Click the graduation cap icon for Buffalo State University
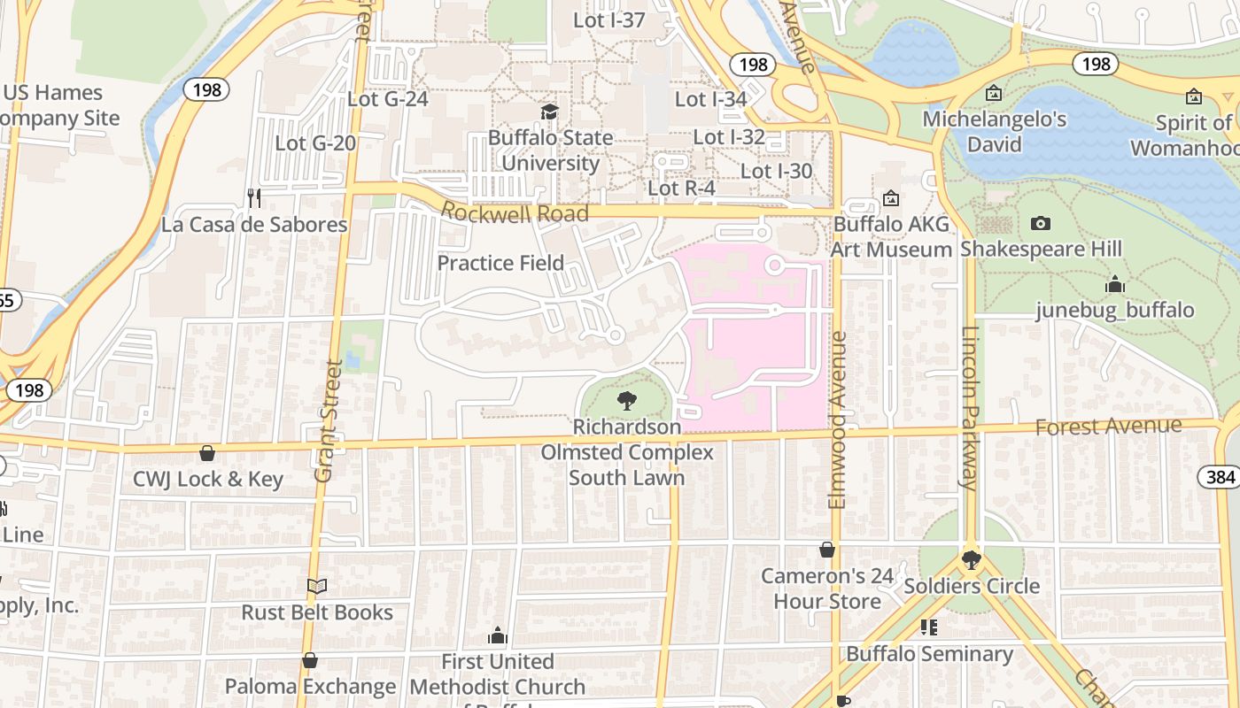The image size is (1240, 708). pos(550,112)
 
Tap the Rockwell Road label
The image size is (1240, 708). pos(515,213)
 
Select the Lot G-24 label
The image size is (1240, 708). pos(387,98)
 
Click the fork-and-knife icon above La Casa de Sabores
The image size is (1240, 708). pos(254,198)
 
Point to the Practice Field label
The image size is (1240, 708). pos(500,263)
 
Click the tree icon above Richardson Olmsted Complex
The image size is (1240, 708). pos(626,401)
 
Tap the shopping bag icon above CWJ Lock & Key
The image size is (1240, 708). pos(207,453)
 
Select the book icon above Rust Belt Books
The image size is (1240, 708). pos(317,586)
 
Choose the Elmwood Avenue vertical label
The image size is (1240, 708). pos(838,420)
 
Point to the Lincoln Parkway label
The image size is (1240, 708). pos(970,407)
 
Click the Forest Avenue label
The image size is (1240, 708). pos(1108,427)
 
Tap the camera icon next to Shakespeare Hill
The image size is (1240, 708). pos(1041,223)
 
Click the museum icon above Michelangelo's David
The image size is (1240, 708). pos(994,93)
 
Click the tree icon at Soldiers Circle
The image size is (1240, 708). pos(971,559)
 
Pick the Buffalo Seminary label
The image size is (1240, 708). pos(929,654)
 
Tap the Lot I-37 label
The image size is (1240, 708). pos(608,19)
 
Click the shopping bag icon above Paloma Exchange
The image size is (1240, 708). pos(310,660)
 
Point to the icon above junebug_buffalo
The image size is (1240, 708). pos(1115,285)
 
